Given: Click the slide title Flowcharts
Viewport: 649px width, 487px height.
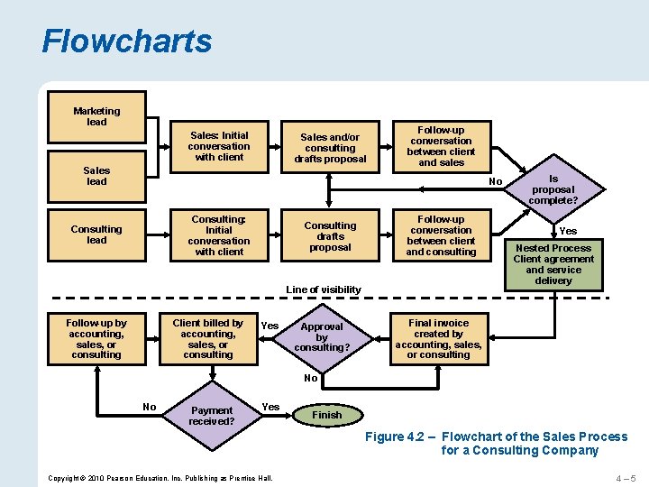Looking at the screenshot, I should coord(127,41).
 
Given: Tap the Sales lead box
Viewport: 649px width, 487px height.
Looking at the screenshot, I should coord(96,177).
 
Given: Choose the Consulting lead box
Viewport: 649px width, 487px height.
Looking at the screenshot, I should coord(96,234).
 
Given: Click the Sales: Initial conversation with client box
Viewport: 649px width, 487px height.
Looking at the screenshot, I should coord(219,146).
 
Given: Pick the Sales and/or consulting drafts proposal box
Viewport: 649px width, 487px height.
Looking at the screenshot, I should coord(330,148).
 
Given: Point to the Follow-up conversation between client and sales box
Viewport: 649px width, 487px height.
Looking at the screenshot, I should coord(441,146).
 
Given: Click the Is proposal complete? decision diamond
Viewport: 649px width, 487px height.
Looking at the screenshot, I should coord(553,188).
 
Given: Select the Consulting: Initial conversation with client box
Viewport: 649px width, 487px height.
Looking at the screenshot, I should coord(219,235).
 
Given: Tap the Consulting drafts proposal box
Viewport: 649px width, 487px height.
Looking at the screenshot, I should coord(330,236).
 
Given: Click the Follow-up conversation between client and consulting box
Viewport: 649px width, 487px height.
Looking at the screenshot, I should coord(441,235).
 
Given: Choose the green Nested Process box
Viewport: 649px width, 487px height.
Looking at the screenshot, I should coord(553,264).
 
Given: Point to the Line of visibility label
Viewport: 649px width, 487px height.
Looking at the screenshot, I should coord(324,289).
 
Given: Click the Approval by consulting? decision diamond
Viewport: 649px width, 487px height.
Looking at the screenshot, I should coord(322,336).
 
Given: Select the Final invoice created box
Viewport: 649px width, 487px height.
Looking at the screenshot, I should coord(438,338).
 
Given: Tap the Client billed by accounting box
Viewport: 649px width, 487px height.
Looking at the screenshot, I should coord(208,338).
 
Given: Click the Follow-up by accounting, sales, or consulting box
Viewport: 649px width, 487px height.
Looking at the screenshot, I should coord(96,338).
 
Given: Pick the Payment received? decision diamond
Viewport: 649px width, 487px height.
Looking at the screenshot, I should coord(213,416).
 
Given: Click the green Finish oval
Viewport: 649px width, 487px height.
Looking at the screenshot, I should coord(326,415).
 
